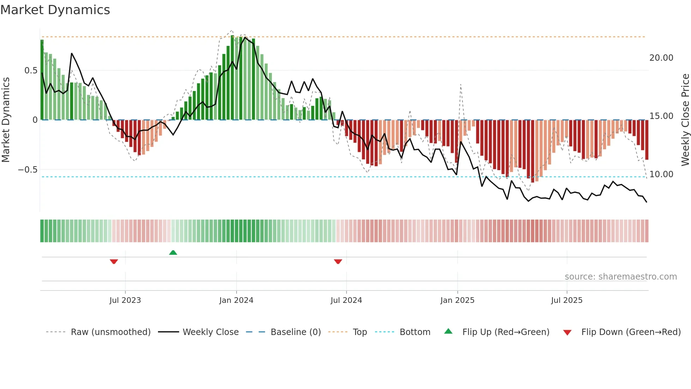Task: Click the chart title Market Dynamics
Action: click(55, 10)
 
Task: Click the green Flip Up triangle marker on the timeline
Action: click(173, 252)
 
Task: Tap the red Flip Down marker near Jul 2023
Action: click(114, 262)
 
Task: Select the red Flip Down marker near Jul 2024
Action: click(338, 262)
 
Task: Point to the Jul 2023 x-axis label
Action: click(125, 300)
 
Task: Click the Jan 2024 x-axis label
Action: click(236, 300)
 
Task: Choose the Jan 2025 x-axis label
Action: click(457, 300)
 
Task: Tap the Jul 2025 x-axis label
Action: click(567, 300)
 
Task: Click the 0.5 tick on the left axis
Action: click(31, 71)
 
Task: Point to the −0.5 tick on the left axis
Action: click(28, 170)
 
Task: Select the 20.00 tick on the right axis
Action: click(661, 58)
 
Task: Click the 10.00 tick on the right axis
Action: click(661, 174)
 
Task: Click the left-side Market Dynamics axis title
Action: click(6, 120)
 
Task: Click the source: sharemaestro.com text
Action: click(620, 277)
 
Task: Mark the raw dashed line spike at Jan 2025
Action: click(460, 85)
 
